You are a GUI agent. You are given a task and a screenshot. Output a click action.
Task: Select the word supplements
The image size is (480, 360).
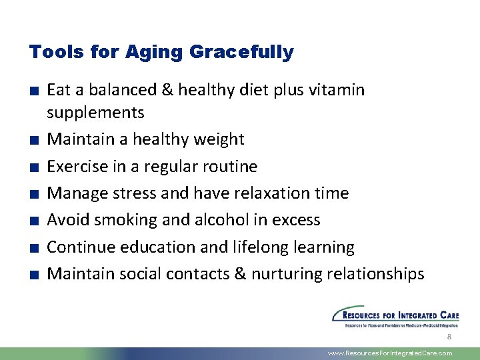pyautogui.click(x=95, y=112)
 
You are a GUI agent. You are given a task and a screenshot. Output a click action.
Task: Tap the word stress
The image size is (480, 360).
pyautogui.click(x=135, y=193)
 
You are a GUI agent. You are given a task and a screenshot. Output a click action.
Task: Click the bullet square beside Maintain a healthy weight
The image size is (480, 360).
pyautogui.click(x=33, y=140)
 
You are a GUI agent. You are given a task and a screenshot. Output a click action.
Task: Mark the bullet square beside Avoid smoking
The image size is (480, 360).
pyautogui.click(x=33, y=221)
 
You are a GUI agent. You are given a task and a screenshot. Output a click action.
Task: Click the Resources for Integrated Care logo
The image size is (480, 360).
pyautogui.click(x=395, y=316)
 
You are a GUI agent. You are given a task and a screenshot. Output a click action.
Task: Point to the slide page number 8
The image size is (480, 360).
pyautogui.click(x=449, y=338)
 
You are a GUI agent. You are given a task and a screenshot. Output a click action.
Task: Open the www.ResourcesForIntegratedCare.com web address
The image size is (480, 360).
pyautogui.click(x=391, y=353)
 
